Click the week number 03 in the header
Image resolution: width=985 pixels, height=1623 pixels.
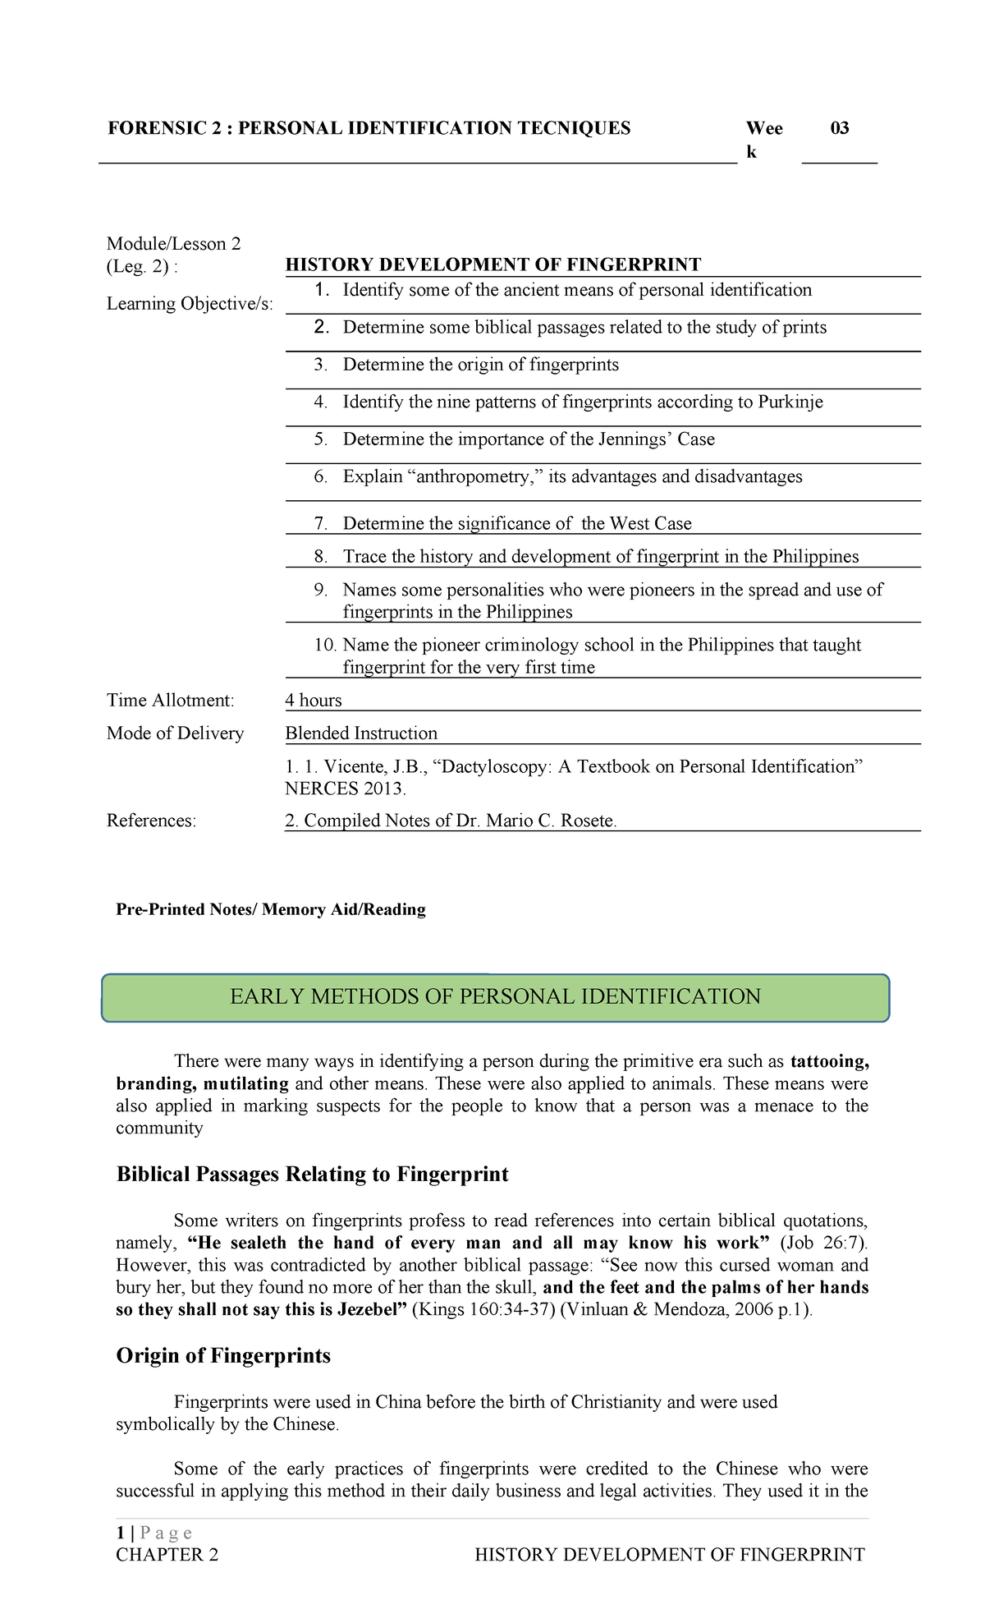pos(839,128)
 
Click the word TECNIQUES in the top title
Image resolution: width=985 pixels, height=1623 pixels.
pos(574,128)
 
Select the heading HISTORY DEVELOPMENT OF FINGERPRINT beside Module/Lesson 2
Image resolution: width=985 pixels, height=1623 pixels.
pos(492,264)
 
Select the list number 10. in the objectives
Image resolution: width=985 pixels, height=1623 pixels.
pos(325,645)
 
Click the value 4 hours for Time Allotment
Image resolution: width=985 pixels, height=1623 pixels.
pos(314,701)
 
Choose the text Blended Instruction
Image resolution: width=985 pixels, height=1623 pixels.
pos(361,733)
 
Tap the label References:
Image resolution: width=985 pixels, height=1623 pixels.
pos(152,821)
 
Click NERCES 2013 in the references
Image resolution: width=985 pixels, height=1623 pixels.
pos(344,789)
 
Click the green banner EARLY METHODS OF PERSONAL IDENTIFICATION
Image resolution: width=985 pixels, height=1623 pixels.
pos(495,997)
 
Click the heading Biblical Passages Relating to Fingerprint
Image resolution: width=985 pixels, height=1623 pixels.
pos(312,1174)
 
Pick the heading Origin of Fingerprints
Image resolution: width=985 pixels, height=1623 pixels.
pos(223,1355)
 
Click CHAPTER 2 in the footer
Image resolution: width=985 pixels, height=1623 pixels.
pos(167,1555)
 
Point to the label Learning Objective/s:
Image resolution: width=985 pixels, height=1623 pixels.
pos(190,304)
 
